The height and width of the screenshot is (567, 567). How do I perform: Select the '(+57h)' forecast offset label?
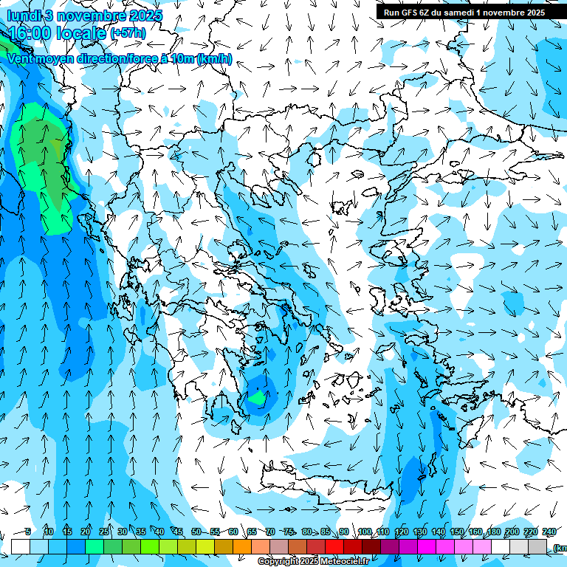tap(128, 33)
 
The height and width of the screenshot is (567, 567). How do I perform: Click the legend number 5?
tap(28, 532)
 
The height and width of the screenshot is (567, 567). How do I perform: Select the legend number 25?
tap(103, 532)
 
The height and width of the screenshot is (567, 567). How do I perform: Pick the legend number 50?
tap(196, 532)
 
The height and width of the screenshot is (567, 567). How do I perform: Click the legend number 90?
tap(344, 532)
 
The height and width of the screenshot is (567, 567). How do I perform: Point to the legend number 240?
tap(549, 532)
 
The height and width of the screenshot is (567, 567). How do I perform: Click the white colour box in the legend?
tap(21, 546)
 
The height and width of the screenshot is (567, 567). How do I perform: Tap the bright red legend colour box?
tap(334, 546)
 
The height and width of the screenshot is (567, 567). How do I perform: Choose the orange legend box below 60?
tap(242, 546)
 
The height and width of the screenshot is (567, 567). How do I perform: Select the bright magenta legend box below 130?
tap(427, 546)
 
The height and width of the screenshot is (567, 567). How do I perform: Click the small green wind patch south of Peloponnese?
tap(257, 398)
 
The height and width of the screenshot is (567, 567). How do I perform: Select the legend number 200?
tap(512, 532)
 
